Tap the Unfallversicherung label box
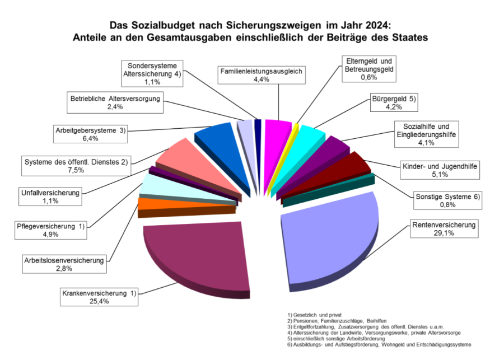point(50,197)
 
